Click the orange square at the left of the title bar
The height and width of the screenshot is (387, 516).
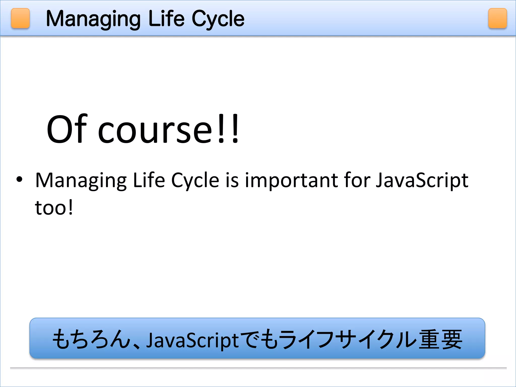(x=20, y=18)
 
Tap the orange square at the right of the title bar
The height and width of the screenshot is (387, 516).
(x=497, y=18)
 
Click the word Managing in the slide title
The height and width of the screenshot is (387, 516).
(x=93, y=19)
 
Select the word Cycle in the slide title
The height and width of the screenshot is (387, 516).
(x=218, y=19)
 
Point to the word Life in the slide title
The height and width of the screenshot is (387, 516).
(x=167, y=19)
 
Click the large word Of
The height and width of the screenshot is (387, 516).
(x=67, y=129)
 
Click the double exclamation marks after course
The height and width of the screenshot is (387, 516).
(x=228, y=128)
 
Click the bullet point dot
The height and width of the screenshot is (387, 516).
(x=19, y=179)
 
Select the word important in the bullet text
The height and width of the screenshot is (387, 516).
(x=292, y=181)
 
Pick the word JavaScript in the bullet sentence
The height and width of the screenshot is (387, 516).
(x=422, y=181)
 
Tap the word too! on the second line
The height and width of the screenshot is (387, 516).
(x=54, y=208)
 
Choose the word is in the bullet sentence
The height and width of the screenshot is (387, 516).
(x=232, y=180)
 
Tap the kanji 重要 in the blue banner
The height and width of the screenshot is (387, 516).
(x=440, y=339)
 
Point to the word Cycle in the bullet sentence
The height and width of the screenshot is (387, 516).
(x=195, y=181)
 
